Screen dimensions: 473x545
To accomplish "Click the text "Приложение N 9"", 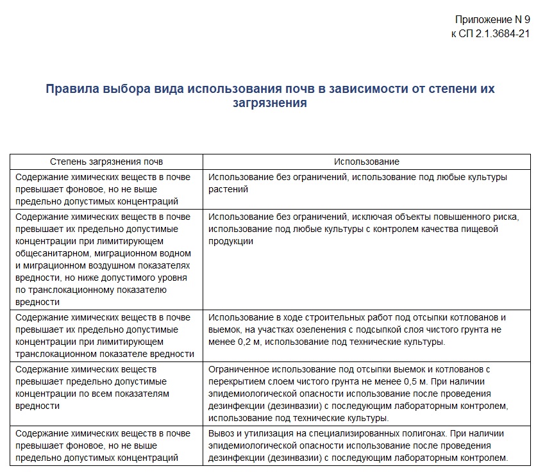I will pos(492,20).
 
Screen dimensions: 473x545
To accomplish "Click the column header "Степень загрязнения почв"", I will pos(106,162).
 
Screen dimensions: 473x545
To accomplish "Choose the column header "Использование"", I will pos(366,162).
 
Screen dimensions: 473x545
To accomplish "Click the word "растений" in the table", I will pos(228,189).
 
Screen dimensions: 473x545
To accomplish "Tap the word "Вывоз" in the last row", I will pos(221,433).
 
